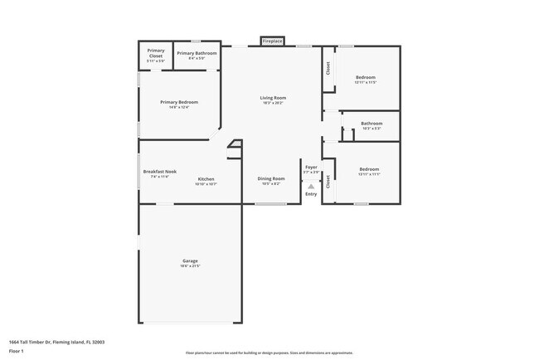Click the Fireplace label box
(272, 41)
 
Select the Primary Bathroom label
(197, 54)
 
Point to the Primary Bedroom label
(179, 102)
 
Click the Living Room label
(272, 99)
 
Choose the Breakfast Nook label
(159, 172)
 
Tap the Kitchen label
(206, 180)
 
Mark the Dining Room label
(272, 178)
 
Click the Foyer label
(311, 168)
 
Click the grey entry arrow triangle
(311, 187)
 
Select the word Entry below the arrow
(311, 194)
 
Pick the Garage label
(190, 261)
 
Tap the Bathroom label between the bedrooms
(371, 124)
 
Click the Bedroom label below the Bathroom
(369, 169)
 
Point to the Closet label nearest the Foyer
(328, 181)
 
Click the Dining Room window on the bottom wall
(270, 204)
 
